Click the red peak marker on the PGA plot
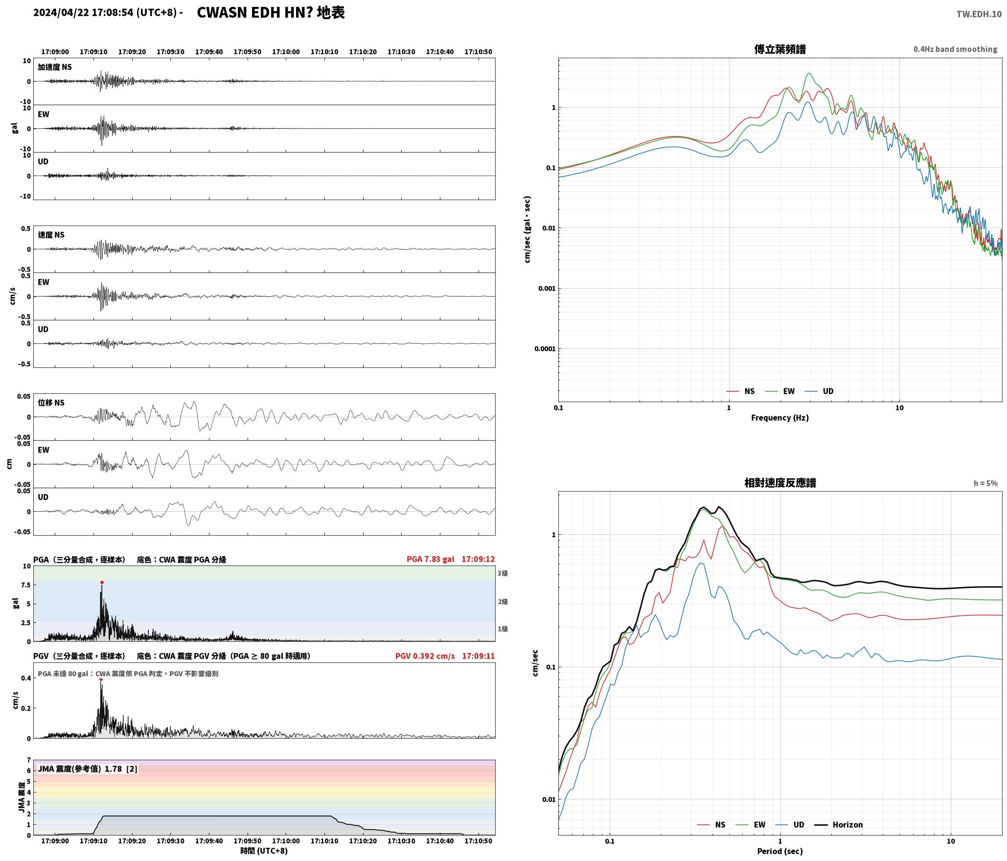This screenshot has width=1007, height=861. tap(102, 582)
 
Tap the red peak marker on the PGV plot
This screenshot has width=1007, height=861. tap(101, 679)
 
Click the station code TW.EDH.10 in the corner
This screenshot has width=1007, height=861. tap(979, 14)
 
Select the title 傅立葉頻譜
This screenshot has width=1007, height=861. tap(780, 49)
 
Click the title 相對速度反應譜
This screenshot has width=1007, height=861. tap(780, 483)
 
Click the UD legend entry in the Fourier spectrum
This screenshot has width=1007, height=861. tap(819, 391)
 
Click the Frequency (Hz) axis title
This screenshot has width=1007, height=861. tap(780, 417)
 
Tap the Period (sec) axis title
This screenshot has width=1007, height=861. tap(780, 851)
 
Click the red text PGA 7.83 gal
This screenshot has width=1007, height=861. tap(430, 559)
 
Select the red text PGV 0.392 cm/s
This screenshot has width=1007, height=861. tap(425, 656)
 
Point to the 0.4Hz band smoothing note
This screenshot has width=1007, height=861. tap(955, 49)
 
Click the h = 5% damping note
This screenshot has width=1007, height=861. tap(985, 483)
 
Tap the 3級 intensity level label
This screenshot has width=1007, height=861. tap(503, 573)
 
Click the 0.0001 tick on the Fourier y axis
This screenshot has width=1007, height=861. tap(545, 349)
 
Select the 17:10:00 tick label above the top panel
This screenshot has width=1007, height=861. tap(286, 51)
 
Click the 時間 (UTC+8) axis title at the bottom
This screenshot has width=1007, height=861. tap(264, 851)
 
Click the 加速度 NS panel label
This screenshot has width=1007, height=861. tap(55, 67)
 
